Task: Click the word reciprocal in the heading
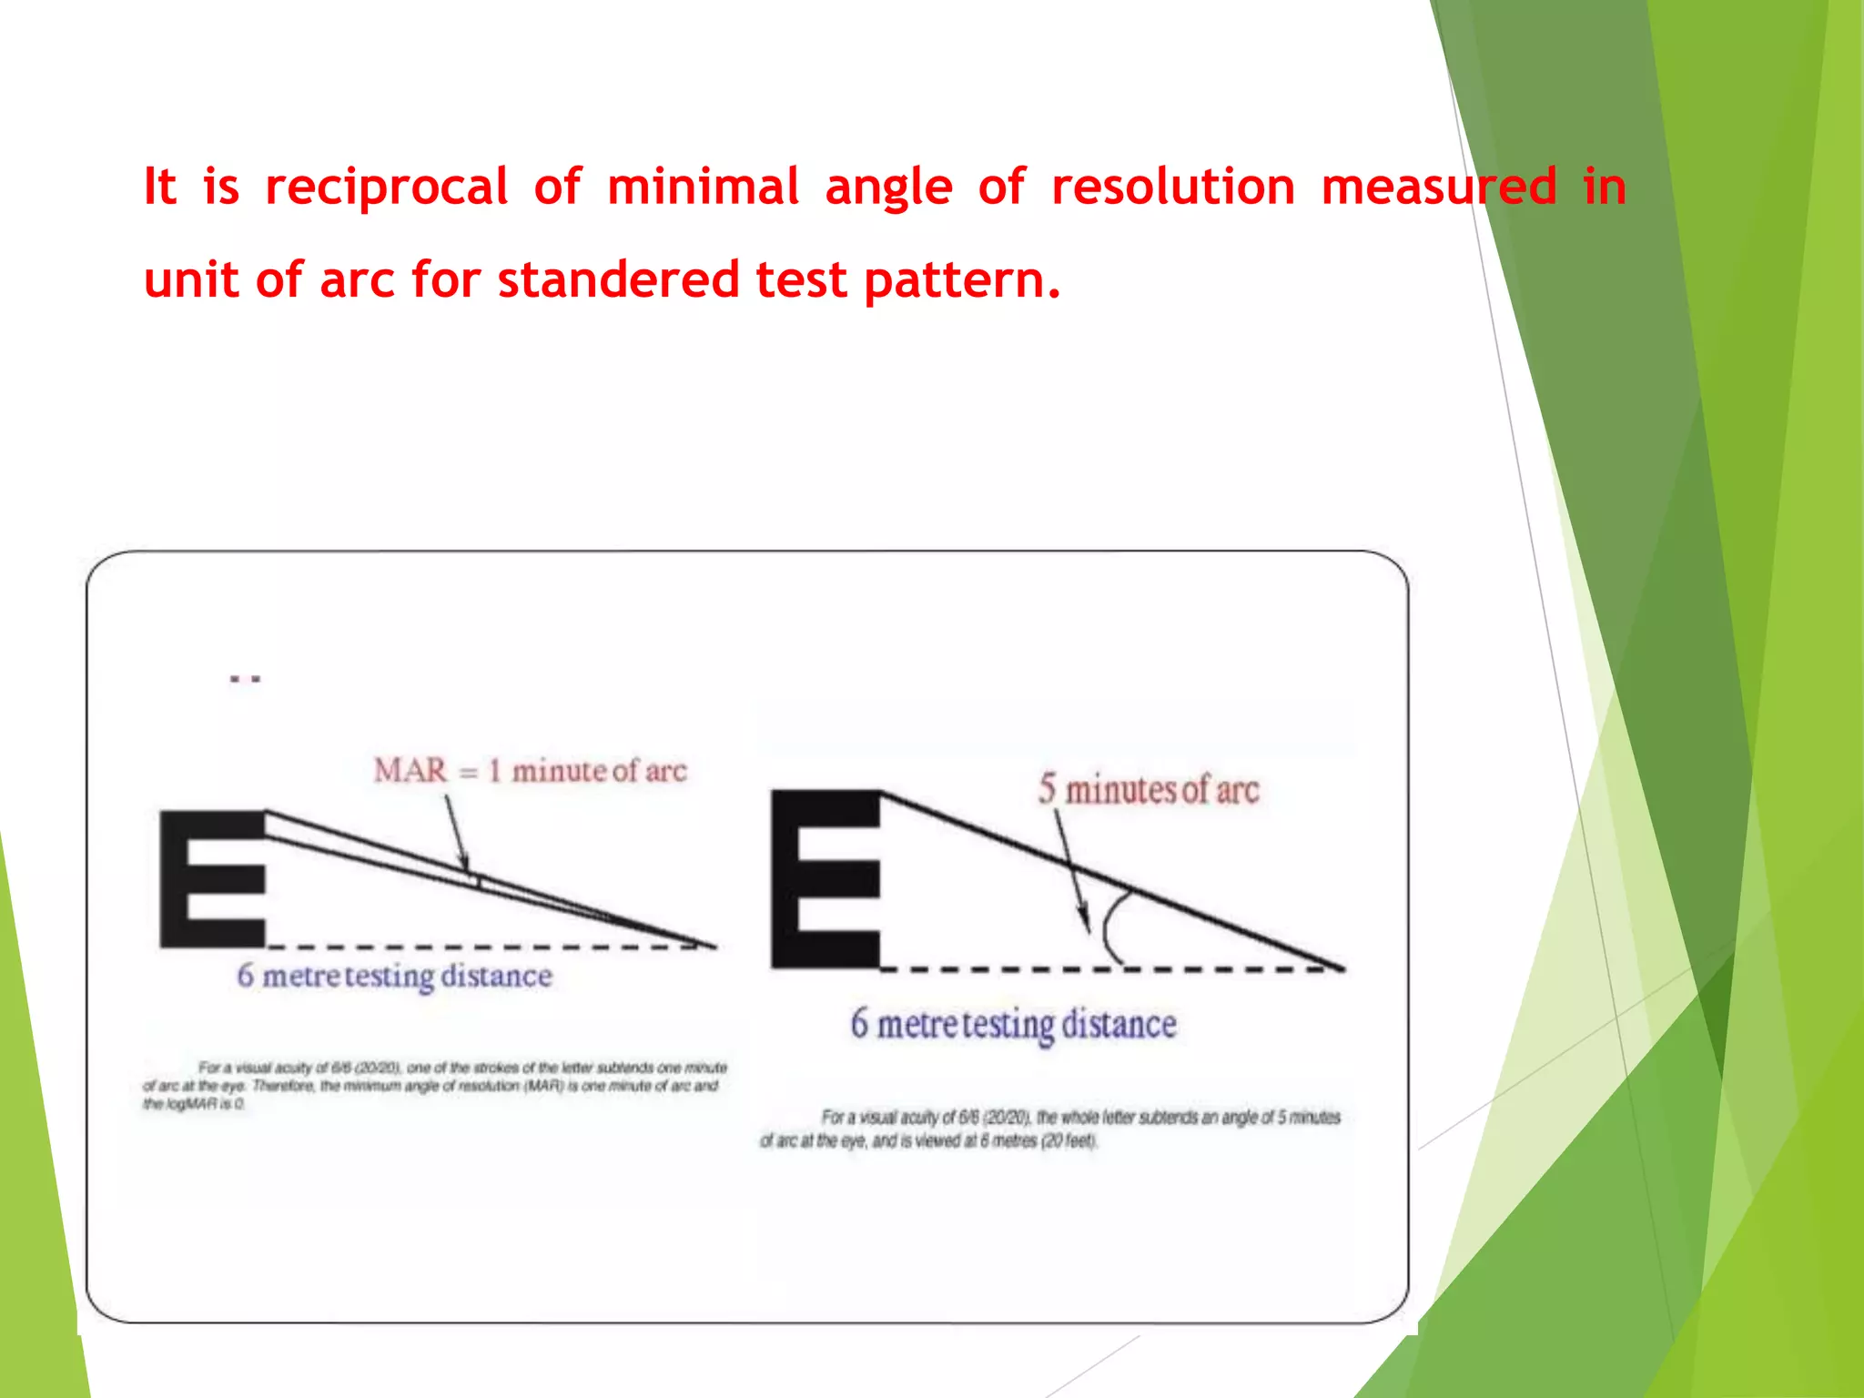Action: point(386,187)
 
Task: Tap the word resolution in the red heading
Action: point(1172,187)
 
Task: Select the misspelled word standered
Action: point(618,279)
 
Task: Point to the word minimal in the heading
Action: point(703,187)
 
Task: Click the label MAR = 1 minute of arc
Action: point(530,771)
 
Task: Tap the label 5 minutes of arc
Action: point(1149,789)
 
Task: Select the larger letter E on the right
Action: point(826,878)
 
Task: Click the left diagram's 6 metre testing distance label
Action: point(394,976)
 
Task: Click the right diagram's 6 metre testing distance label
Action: point(1013,1024)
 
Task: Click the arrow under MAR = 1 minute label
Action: point(456,833)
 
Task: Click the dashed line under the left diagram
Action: point(482,947)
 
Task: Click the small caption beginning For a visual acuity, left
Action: point(434,1085)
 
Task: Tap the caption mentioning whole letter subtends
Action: point(1050,1129)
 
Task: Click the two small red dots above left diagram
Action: point(245,679)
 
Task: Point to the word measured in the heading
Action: point(1439,187)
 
